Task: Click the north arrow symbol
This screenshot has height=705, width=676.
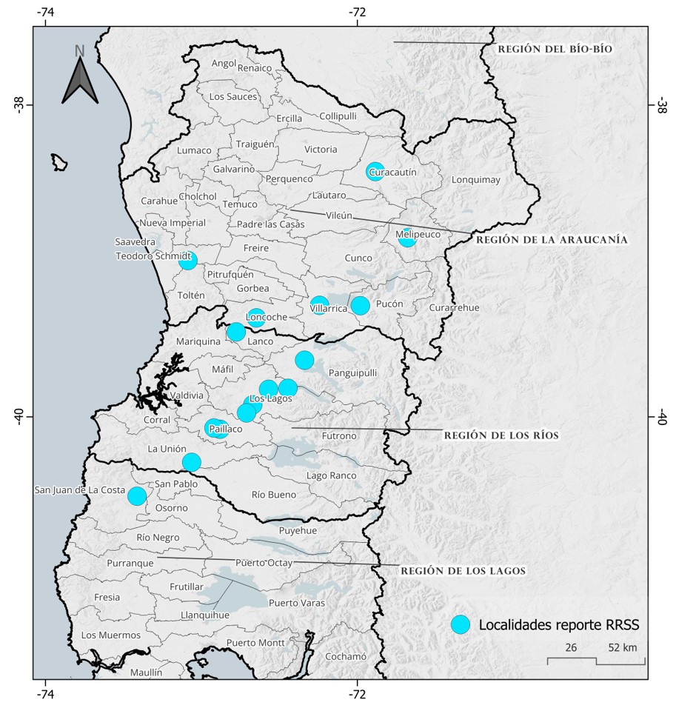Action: click(x=80, y=74)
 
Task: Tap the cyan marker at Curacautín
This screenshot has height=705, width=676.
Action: click(x=375, y=171)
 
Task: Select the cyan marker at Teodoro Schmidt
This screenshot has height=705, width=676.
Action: click(x=187, y=260)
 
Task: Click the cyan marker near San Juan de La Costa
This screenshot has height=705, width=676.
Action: click(x=136, y=495)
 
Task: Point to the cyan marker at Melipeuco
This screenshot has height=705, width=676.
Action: click(x=406, y=237)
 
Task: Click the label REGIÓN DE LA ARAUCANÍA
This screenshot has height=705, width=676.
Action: click(x=552, y=240)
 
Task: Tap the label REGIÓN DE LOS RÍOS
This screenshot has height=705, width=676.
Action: click(x=501, y=435)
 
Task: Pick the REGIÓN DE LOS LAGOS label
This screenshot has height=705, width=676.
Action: click(x=463, y=571)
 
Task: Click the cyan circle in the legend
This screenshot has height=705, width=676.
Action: click(x=461, y=625)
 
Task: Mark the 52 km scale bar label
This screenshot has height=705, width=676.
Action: click(x=621, y=647)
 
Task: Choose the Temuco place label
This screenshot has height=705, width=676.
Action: click(x=239, y=204)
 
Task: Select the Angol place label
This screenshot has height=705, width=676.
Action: click(x=223, y=63)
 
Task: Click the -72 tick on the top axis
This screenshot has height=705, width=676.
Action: click(x=358, y=12)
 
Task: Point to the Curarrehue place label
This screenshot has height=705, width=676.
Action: click(x=455, y=307)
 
